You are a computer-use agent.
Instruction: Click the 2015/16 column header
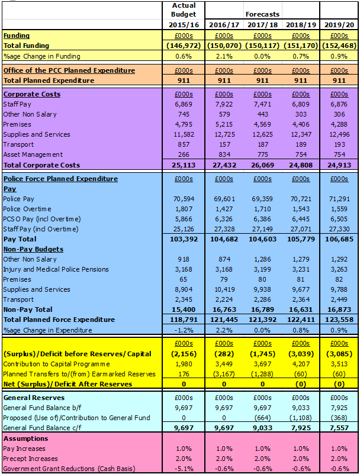pyautogui.click(x=184, y=25)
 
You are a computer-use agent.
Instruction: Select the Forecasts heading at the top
pyautogui.click(x=262, y=14)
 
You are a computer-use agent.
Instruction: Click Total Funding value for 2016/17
pyautogui.click(x=224, y=46)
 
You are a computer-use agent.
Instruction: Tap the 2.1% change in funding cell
pyautogui.click(x=224, y=56)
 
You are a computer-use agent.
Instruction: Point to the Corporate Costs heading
pyautogui.click(x=32, y=94)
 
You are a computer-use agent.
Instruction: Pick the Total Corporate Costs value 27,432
pyautogui.click(x=224, y=165)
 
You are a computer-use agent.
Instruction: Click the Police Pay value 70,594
pyautogui.click(x=184, y=199)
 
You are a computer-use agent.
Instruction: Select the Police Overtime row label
pyautogui.click(x=27, y=209)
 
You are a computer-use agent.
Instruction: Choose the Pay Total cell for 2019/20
pyautogui.click(x=339, y=239)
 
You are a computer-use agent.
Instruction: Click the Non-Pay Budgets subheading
pyautogui.click(x=33, y=249)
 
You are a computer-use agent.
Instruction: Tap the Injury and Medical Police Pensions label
pyautogui.click(x=56, y=269)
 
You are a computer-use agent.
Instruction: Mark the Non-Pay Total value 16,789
pyautogui.click(x=262, y=309)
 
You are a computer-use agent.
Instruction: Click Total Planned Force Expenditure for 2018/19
pyautogui.click(x=301, y=320)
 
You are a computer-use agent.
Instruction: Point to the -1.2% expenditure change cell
pyautogui.click(x=184, y=330)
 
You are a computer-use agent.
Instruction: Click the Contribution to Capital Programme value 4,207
pyautogui.click(x=301, y=364)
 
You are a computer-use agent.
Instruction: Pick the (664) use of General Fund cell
pyautogui.click(x=262, y=418)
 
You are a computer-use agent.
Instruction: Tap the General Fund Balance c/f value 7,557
pyautogui.click(x=339, y=428)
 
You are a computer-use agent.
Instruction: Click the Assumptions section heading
pyautogui.click(x=25, y=438)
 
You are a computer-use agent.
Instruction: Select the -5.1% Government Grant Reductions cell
pyautogui.click(x=184, y=469)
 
